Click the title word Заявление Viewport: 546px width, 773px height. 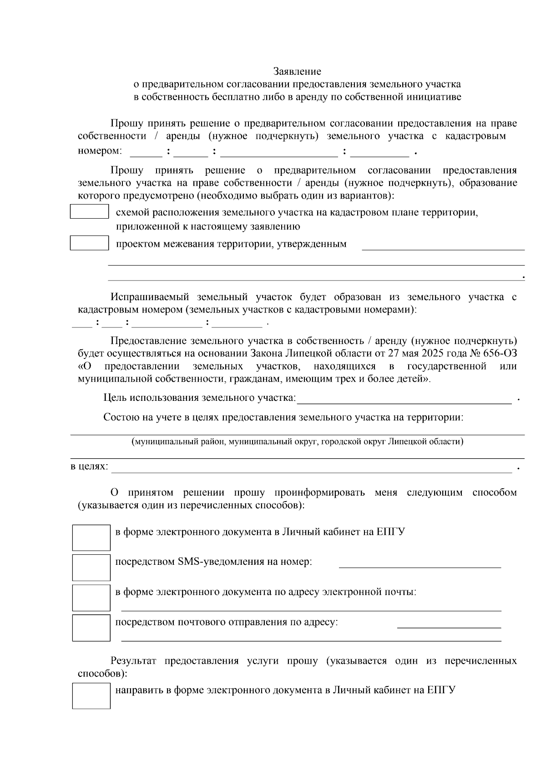pyautogui.click(x=297, y=72)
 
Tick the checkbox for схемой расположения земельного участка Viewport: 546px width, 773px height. pyautogui.click(x=89, y=212)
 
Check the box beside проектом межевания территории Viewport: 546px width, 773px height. pyautogui.click(x=89, y=243)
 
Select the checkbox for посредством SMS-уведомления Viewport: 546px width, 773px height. pyautogui.click(x=91, y=568)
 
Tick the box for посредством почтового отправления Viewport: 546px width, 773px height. pyautogui.click(x=91, y=628)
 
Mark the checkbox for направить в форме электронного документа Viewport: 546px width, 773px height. pyautogui.click(x=91, y=696)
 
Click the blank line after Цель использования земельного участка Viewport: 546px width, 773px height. pyautogui.click(x=404, y=399)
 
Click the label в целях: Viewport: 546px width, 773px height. pyautogui.click(x=89, y=467)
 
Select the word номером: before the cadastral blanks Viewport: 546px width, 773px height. pyautogui.click(x=100, y=151)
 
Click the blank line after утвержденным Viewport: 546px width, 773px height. pyautogui.click(x=443, y=246)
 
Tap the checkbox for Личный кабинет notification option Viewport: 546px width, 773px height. pyautogui.click(x=91, y=538)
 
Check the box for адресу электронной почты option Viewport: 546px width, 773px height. pyautogui.click(x=91, y=598)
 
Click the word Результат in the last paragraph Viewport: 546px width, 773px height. pyautogui.click(x=133, y=661)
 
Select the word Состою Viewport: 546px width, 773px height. pyautogui.click(x=119, y=417)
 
